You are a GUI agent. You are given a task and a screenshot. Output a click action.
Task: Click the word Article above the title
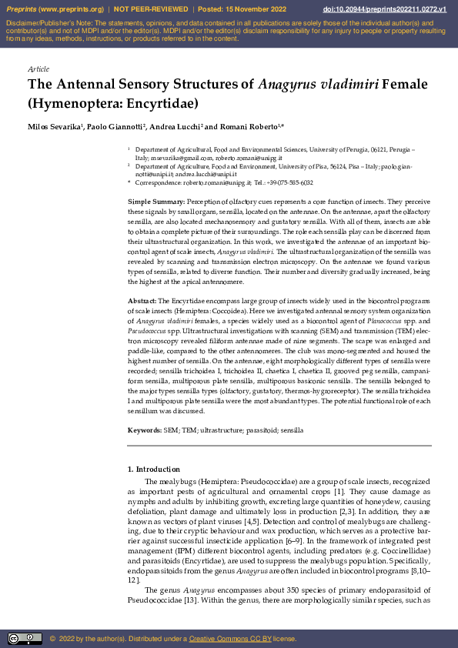38,69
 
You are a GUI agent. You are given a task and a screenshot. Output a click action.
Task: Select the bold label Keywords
144,431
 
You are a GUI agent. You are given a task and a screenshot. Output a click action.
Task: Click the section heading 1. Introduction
154,469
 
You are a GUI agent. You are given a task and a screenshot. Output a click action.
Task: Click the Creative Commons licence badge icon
25,639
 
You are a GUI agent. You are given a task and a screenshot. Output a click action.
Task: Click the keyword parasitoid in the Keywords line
248,431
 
